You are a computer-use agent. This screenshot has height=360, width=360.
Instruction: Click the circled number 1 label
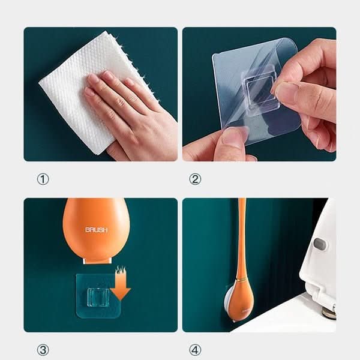point(43,179)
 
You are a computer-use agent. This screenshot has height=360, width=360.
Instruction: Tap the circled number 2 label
point(195,179)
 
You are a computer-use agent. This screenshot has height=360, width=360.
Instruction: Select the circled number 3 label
point(43,350)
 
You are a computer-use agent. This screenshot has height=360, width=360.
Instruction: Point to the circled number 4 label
point(195,350)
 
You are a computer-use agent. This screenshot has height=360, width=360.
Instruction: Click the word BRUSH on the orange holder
point(96,230)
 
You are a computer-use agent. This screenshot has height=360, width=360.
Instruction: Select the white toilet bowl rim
point(288,318)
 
